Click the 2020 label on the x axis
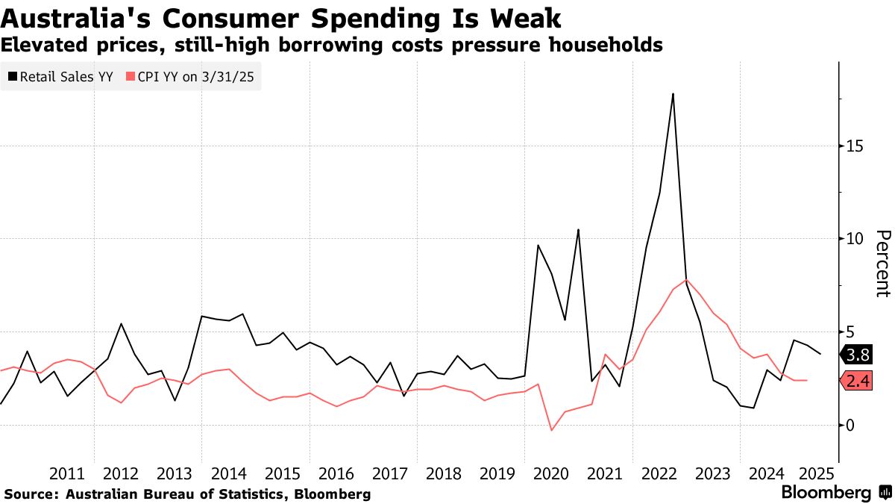tap(551, 473)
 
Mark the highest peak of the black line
tap(673, 94)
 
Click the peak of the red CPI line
tap(686, 280)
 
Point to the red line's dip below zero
tap(551, 430)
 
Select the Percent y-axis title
tap(882, 263)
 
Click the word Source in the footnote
tap(30, 494)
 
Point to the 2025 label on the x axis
tap(817, 473)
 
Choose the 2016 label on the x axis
tap(336, 473)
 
